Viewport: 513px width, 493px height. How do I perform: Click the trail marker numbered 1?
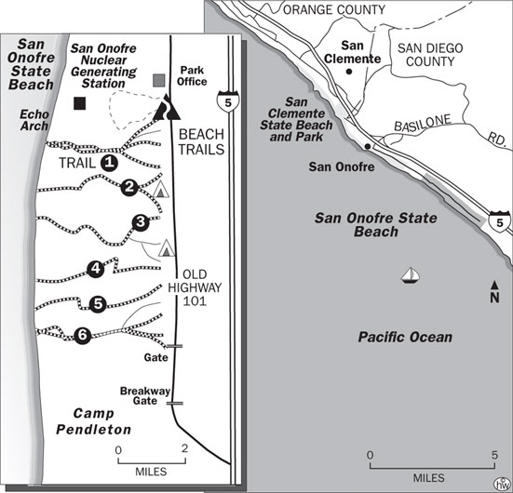pos(108,162)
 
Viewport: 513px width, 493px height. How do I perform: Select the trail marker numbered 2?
pos(130,186)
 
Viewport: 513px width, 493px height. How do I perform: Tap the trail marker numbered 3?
pos(141,221)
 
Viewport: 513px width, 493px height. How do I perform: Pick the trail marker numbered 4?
pos(95,270)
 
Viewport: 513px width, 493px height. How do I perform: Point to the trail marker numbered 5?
pos(99,303)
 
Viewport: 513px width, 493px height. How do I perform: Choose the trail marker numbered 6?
pos(82,335)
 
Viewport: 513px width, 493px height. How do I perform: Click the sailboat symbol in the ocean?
pos(409,274)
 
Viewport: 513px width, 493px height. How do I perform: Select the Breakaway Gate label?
pos(141,395)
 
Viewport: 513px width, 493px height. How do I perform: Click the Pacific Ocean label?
pos(405,337)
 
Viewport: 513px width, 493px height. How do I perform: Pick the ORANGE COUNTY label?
pos(333,10)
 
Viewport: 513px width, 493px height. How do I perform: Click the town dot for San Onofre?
pos(370,148)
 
